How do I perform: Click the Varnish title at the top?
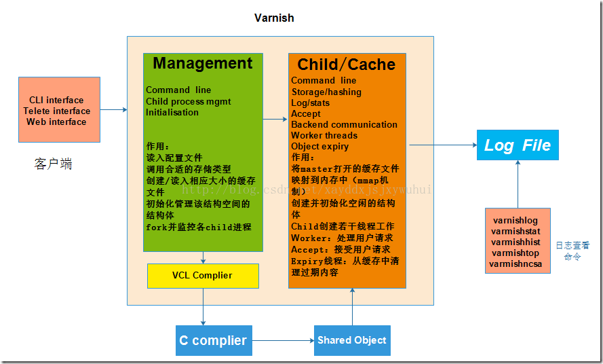point(274,18)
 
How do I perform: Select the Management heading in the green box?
point(203,64)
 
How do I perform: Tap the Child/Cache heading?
point(346,65)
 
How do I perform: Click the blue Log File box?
point(518,145)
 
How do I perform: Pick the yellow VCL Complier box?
point(203,276)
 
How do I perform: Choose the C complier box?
point(213,340)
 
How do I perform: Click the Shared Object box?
point(352,340)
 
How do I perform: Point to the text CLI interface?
point(56,101)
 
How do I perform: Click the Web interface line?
point(56,122)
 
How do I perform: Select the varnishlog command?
point(516,221)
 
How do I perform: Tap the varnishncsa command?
point(516,264)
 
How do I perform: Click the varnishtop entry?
point(516,253)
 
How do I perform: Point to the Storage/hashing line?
point(326,92)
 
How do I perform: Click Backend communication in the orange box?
point(345,125)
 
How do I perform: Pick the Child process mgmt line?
point(189,102)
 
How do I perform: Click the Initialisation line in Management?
point(172,113)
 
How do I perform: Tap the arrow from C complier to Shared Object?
point(283,340)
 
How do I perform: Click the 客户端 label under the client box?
point(54,164)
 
